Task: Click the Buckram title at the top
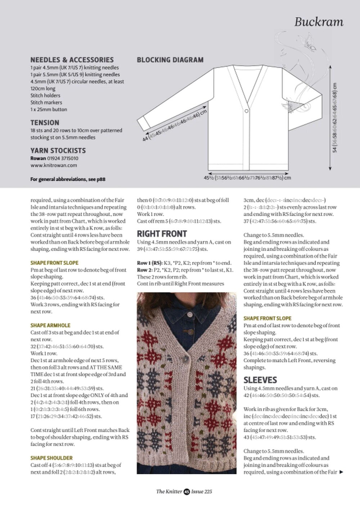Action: point(319,22)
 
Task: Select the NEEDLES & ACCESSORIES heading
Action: point(72,60)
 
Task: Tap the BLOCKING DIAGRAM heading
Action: point(170,60)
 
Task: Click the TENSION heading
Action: point(45,122)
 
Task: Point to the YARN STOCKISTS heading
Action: point(58,151)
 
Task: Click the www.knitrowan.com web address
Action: point(54,165)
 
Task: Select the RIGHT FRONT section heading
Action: point(162,233)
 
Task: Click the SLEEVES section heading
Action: point(260,380)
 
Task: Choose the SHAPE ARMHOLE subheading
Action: point(50,325)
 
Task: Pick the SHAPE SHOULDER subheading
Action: point(51,458)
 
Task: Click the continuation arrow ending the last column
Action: point(341,472)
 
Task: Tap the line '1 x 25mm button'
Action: point(49,109)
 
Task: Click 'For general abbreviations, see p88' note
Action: point(68,179)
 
